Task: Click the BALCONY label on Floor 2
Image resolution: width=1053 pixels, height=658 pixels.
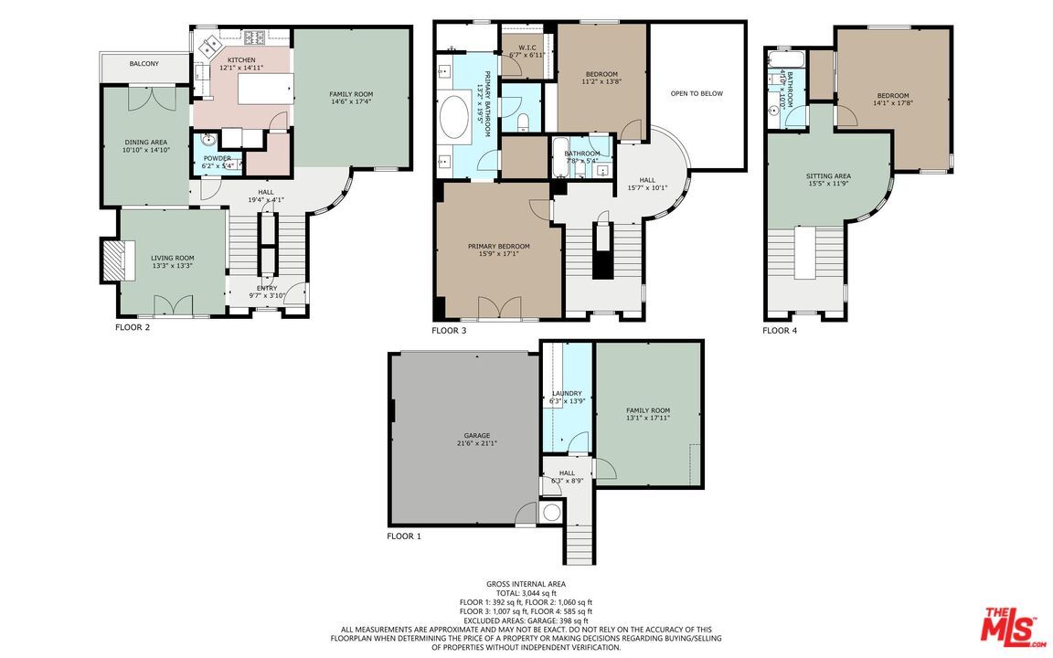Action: [144, 64]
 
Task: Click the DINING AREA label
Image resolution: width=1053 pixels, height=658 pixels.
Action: [146, 143]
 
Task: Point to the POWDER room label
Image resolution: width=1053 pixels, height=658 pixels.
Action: [217, 158]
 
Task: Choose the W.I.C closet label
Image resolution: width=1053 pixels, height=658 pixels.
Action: [526, 47]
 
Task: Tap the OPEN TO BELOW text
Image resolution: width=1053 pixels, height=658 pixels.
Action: [697, 93]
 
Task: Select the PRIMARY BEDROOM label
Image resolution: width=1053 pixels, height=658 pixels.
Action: [499, 246]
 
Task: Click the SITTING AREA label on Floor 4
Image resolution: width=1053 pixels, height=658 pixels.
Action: [828, 176]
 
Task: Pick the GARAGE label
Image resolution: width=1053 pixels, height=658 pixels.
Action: [476, 435]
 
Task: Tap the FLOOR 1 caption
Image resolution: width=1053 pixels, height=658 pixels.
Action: [404, 536]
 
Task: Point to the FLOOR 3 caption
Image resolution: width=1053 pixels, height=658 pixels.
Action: [449, 330]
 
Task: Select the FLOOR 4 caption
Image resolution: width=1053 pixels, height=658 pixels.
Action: [780, 330]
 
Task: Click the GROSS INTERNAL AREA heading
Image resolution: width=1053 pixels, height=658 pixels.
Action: [526, 583]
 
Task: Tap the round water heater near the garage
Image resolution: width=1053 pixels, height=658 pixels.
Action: [552, 513]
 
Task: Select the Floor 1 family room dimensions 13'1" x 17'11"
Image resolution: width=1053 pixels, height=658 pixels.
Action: [648, 419]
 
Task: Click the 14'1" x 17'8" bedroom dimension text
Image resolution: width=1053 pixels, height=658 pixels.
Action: [893, 103]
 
